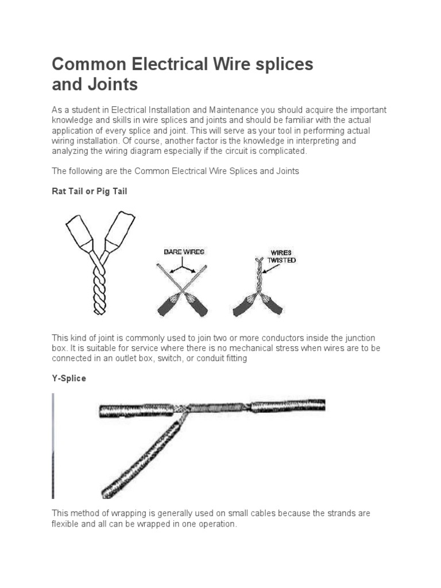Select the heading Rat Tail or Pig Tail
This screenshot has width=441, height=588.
(x=90, y=191)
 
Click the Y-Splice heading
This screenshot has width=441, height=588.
(x=69, y=378)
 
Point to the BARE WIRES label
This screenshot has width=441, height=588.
(x=184, y=252)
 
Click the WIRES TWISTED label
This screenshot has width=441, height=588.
(x=281, y=256)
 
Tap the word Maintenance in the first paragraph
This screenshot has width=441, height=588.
(x=220, y=109)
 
